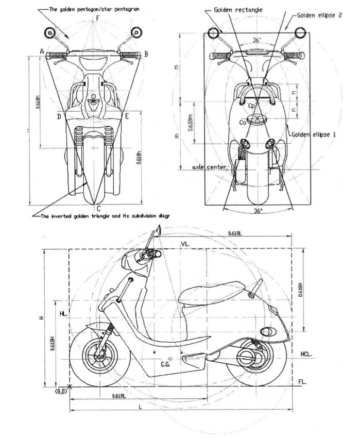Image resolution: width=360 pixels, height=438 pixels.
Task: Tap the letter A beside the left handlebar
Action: click(x=41, y=51)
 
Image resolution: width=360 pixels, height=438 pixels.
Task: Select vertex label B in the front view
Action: click(x=146, y=54)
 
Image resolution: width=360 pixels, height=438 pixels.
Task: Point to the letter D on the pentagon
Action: click(x=59, y=117)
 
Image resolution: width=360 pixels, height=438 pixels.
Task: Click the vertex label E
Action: click(x=127, y=117)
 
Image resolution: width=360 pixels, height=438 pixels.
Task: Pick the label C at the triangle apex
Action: click(x=98, y=208)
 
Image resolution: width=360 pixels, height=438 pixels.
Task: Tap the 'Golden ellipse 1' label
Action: click(x=314, y=134)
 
